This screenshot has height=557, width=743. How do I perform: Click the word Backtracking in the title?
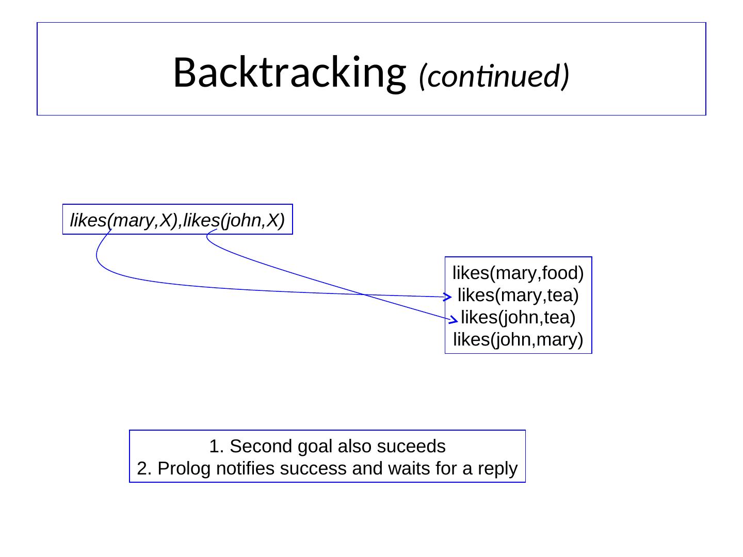coord(287,72)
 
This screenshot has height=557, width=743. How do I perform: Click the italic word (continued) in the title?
coord(494,76)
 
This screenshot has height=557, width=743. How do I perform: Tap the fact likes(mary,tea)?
coord(518,296)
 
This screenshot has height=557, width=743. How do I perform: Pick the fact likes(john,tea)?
coord(518,318)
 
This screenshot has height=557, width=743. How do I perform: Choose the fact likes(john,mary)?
coord(518,340)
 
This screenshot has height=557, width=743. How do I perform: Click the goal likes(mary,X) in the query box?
coord(124,220)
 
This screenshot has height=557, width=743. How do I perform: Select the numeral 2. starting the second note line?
coord(144,469)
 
